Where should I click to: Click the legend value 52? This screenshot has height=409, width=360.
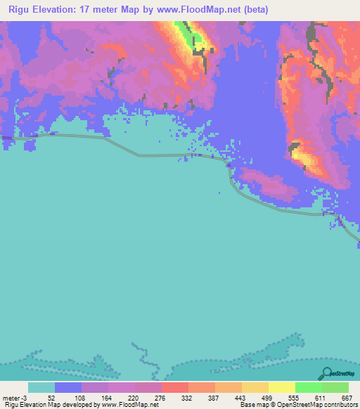click(x=48, y=398)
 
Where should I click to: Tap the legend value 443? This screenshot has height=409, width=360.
click(x=239, y=398)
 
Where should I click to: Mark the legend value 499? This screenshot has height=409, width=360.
click(x=266, y=398)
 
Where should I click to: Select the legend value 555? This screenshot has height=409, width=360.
click(x=293, y=398)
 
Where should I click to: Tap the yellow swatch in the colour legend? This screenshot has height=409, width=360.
click(x=281, y=388)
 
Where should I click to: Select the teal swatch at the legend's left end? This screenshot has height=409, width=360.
click(x=41, y=388)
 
